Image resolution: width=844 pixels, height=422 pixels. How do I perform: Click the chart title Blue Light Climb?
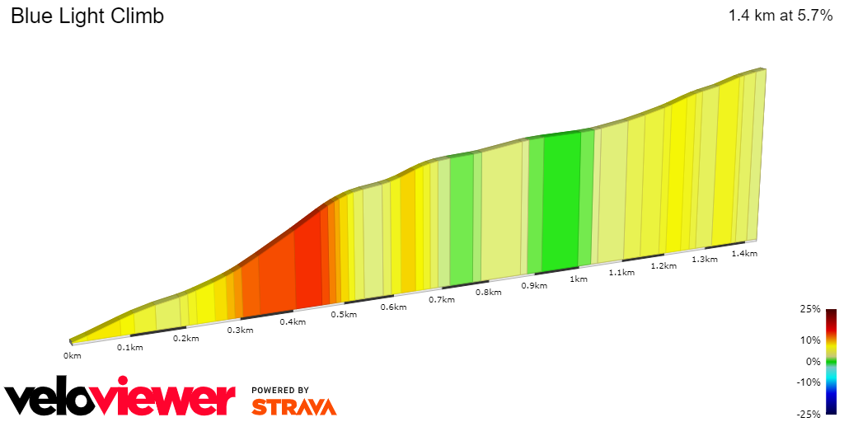coord(87,16)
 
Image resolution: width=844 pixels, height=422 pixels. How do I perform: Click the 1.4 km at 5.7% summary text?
coord(781,16)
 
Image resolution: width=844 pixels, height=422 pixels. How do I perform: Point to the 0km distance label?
coord(73,356)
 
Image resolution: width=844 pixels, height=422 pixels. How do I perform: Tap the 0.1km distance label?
coord(130,348)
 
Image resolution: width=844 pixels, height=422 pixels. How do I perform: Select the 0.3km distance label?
coord(240,331)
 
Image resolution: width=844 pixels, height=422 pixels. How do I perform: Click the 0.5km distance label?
coord(344,315)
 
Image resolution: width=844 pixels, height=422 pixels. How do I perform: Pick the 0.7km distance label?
coord(442,300)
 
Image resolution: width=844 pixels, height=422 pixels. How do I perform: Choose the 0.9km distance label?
coord(534,286)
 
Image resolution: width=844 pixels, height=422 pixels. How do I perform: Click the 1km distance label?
coord(579,279)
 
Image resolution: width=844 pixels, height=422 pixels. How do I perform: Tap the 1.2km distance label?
coord(663,266)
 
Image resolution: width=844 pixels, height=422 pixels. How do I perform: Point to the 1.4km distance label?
coord(744,254)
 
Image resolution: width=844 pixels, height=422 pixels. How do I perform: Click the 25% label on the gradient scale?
coord(810,309)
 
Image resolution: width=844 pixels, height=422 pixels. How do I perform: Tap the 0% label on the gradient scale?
coord(813,361)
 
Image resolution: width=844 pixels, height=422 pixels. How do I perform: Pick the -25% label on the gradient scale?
coord(809,413)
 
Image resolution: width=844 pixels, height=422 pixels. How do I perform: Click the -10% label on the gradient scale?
coord(809,382)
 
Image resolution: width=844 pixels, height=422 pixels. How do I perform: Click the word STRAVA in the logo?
coord(294,407)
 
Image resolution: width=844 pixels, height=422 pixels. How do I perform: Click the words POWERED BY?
coord(280,390)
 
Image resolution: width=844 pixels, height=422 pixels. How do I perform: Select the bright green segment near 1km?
coord(560,202)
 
